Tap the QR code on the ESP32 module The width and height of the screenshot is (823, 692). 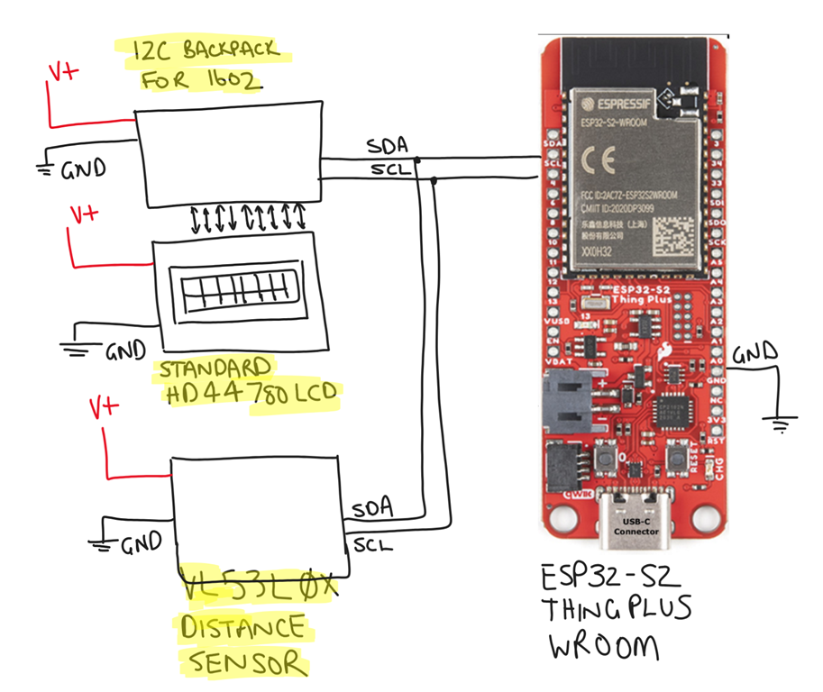coord(675,232)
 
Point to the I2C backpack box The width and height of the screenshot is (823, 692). coord(229,153)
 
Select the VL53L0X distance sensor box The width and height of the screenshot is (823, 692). coord(256,509)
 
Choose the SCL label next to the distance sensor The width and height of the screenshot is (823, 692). coord(373,544)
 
